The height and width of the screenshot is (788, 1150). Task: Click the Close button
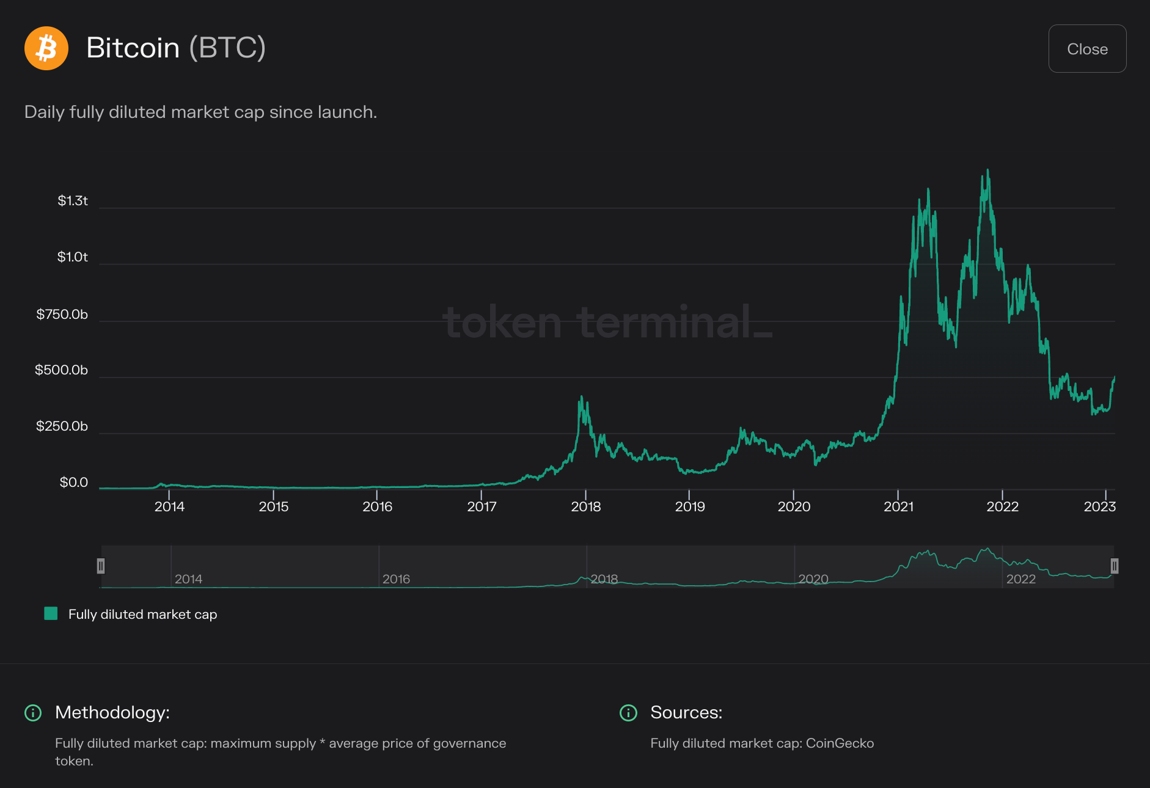1087,49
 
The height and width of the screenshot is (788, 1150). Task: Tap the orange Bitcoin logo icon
46,48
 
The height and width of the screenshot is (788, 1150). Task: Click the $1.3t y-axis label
73,201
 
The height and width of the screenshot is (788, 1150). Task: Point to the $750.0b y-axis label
62,315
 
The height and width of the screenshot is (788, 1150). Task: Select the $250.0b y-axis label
62,426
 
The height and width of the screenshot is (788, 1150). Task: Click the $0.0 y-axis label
74,483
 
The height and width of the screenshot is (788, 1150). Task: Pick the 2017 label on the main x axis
482,506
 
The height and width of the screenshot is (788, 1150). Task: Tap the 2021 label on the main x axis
898,506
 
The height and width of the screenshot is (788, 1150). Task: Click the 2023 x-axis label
1099,506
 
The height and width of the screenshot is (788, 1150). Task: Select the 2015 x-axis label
273,506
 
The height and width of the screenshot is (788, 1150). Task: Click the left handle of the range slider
101,566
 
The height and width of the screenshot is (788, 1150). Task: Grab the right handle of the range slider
1114,566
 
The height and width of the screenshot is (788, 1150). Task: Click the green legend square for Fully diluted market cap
51,614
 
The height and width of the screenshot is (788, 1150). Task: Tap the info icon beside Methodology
33,713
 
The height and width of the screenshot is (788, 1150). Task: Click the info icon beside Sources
628,713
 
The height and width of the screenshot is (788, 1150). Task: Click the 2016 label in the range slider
396,579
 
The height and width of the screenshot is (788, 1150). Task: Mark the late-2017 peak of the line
581,397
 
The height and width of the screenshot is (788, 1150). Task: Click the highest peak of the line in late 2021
987,170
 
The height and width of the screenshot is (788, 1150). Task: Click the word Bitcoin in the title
133,48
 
